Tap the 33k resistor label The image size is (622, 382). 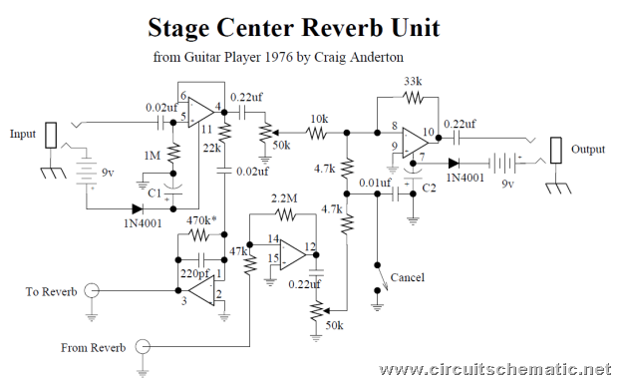413,82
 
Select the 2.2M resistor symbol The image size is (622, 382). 286,215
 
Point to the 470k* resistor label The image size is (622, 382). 201,220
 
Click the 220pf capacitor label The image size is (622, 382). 194,273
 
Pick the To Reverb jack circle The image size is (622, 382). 92,290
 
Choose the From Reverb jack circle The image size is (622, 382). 143,347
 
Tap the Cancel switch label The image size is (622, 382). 407,277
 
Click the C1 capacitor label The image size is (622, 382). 155,192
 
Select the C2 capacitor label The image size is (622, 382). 429,188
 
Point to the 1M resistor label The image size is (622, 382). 153,156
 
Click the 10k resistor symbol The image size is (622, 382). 317,133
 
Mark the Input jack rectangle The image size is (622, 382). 51,136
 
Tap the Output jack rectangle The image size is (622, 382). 556,150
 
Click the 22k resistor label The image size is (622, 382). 212,149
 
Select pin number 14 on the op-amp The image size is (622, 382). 273,239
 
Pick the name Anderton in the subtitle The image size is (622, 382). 377,57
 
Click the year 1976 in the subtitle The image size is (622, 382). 279,57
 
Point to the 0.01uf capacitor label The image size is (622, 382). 375,184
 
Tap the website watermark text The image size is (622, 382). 495,370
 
